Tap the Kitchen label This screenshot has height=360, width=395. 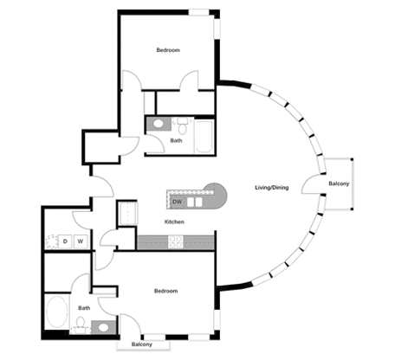click(175, 222)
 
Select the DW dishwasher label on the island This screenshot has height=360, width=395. click(177, 202)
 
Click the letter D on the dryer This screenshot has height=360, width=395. click(64, 241)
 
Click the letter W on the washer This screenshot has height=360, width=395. click(81, 241)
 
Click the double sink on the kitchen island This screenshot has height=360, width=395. click(195, 202)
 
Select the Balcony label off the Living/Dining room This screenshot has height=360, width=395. click(339, 184)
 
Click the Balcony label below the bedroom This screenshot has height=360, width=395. click(141, 344)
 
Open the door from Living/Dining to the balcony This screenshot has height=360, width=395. click(309, 184)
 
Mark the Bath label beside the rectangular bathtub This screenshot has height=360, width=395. click(176, 140)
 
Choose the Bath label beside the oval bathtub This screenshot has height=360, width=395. click(84, 307)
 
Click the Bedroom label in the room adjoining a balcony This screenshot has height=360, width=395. click(166, 291)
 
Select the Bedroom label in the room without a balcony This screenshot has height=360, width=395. click(167, 50)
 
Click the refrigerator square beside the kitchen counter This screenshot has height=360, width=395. click(126, 213)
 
